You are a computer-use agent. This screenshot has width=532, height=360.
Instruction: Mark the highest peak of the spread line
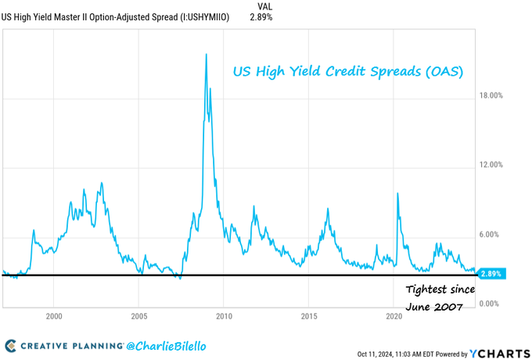pyautogui.click(x=206, y=54)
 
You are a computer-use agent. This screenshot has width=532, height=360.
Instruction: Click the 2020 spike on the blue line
pyautogui.click(x=398, y=193)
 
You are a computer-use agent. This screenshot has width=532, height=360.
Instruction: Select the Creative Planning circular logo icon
pyautogui.click(x=11, y=345)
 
